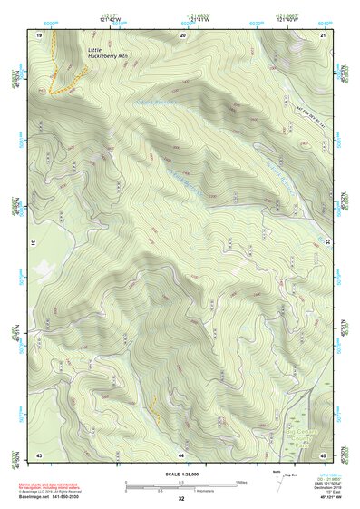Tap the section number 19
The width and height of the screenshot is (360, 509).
click(x=39, y=34)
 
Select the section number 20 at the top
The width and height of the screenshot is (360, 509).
click(x=183, y=34)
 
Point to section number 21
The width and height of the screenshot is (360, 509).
click(x=323, y=34)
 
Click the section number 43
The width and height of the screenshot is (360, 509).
click(x=39, y=454)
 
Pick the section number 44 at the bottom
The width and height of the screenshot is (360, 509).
click(x=181, y=454)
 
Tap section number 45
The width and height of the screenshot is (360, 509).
click(x=323, y=454)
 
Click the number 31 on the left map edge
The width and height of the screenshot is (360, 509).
click(x=34, y=242)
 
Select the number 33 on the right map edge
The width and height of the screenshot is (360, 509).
click(x=328, y=242)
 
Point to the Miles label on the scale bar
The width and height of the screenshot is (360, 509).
click(x=240, y=481)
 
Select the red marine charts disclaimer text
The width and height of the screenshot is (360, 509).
click(x=50, y=487)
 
